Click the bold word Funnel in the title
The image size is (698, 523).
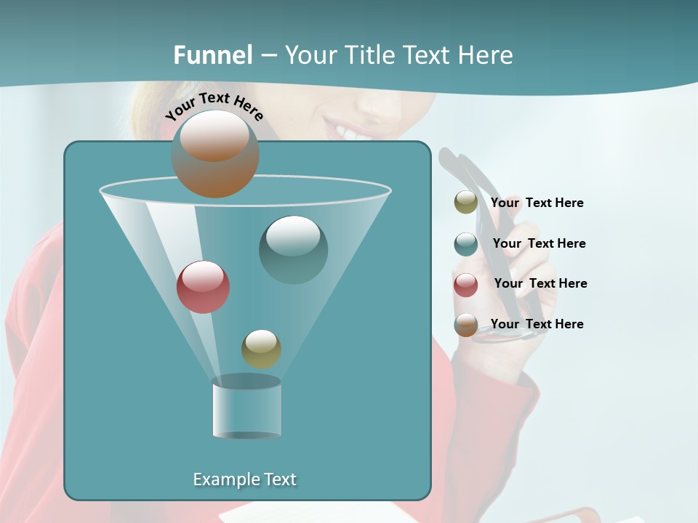coord(212,55)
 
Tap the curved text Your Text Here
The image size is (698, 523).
coord(214,106)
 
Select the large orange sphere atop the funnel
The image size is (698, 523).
coord(215,153)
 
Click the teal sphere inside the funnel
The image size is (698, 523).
coord(293,249)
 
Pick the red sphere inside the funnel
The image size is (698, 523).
coord(203,287)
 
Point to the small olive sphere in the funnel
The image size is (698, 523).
coord(261,349)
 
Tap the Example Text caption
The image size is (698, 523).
coord(244,479)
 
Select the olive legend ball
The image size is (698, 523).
coord(466,203)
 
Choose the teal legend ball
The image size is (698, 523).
coord(466,243)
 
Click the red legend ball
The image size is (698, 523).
coord(466,284)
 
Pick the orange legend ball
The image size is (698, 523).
coord(466,325)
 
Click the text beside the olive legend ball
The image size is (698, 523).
coord(537,203)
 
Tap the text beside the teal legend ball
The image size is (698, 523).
coord(539,243)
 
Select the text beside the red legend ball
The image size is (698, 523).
coord(540,283)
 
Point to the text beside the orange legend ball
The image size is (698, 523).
coord(537,324)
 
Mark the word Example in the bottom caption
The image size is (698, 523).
coord(222,479)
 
